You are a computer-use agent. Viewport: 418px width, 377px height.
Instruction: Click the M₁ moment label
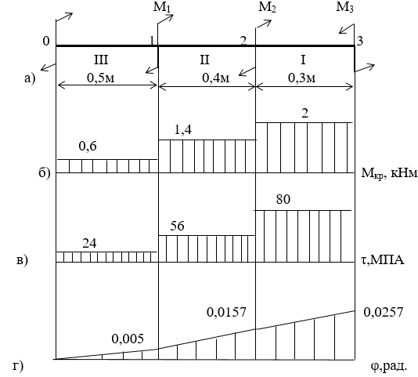tap(161, 7)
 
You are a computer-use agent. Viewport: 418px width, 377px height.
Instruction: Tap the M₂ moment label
tap(267, 7)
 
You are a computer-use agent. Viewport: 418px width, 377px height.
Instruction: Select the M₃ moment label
tap(344, 7)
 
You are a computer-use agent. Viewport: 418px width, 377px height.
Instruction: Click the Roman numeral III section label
tap(101, 60)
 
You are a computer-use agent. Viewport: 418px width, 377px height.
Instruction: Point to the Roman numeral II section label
tap(204, 60)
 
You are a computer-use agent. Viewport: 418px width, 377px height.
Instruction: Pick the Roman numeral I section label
tap(303, 60)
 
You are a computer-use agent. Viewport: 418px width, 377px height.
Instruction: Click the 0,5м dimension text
tap(101, 78)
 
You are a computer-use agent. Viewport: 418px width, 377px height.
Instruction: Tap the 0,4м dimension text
tap(216, 78)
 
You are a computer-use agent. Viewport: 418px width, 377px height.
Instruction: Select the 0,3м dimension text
tap(301, 78)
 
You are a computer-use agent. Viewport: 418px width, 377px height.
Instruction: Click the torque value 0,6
tap(88, 147)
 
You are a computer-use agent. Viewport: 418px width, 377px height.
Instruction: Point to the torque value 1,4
tap(183, 130)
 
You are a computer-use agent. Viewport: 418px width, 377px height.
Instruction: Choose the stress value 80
tap(283, 199)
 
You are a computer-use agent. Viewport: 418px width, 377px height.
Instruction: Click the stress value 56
tap(177, 226)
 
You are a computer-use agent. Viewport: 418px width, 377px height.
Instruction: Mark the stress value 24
tap(89, 244)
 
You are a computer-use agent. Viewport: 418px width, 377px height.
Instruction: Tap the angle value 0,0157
tap(226, 312)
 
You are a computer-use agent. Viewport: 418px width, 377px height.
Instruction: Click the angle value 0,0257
tap(384, 312)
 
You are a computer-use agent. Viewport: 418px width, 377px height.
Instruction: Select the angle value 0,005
tap(128, 339)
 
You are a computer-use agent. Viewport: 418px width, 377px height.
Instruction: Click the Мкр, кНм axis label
tap(389, 173)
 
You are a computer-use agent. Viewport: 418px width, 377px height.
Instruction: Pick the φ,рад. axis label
tap(389, 367)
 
